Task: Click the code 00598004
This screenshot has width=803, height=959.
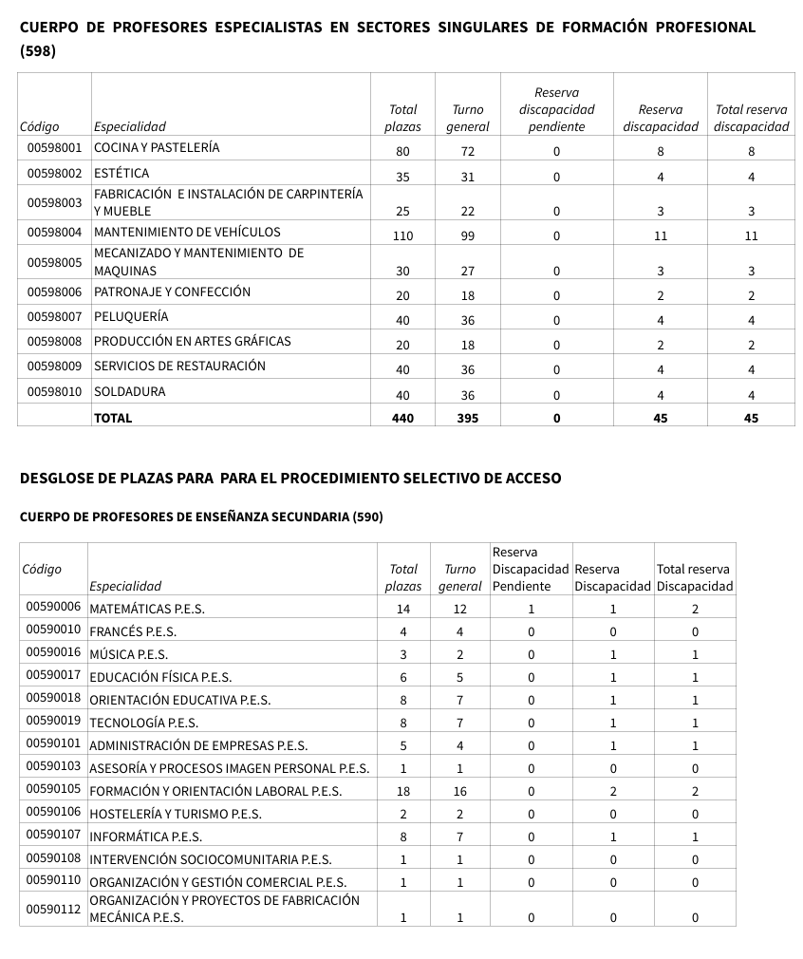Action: point(54,232)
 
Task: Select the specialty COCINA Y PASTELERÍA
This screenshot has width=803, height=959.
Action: point(157,148)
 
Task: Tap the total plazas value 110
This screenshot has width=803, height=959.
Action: point(402,236)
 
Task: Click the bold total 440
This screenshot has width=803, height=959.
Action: point(402,418)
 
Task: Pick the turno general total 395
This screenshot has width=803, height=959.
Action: point(467,418)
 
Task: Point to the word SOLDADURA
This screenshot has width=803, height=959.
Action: point(129,391)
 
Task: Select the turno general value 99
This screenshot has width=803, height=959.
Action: point(467,236)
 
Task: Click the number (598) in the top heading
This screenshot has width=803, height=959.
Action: point(38,51)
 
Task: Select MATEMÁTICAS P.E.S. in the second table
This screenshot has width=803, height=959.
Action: point(147,609)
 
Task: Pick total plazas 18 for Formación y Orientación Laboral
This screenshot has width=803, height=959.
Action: point(403,791)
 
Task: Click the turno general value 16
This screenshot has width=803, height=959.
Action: point(460,791)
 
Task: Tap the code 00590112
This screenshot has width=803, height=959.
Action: point(53,908)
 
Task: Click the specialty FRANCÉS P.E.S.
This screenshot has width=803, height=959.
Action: point(133,631)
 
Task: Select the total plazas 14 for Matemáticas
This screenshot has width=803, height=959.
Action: point(403,609)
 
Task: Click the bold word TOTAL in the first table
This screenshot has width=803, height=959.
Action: point(113,418)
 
